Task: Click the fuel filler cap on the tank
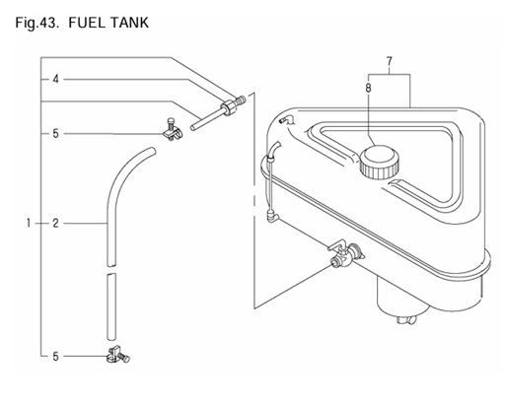(379, 162)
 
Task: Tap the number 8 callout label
(369, 89)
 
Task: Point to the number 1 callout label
(30, 224)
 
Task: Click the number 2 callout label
(56, 224)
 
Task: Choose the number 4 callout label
(56, 79)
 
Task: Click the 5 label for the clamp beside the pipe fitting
(56, 133)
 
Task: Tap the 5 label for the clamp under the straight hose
(56, 356)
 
